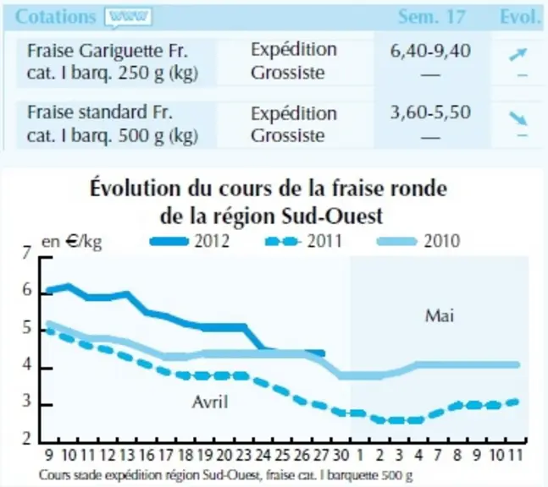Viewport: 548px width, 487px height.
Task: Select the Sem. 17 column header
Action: (432, 17)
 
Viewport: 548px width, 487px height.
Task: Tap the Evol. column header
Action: (520, 16)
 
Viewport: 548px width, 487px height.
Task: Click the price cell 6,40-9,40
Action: (430, 51)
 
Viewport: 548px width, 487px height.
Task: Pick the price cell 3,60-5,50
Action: (430, 112)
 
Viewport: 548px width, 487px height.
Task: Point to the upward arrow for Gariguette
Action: (518, 55)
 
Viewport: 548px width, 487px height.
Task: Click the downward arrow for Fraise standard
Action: (518, 118)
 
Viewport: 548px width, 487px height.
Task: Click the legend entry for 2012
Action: (190, 241)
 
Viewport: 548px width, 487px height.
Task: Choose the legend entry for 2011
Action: (303, 241)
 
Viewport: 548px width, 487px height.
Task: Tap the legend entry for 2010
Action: (418, 241)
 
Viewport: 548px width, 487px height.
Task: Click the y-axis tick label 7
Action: (26, 253)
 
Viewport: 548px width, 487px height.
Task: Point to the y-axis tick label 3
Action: (26, 401)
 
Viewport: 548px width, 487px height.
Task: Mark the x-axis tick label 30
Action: (340, 455)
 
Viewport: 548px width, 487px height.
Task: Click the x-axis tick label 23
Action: (244, 455)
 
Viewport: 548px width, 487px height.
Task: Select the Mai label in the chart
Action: (440, 316)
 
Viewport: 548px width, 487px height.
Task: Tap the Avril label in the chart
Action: (210, 402)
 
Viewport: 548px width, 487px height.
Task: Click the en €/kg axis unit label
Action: (72, 242)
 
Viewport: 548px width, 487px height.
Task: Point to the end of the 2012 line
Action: (324, 353)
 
